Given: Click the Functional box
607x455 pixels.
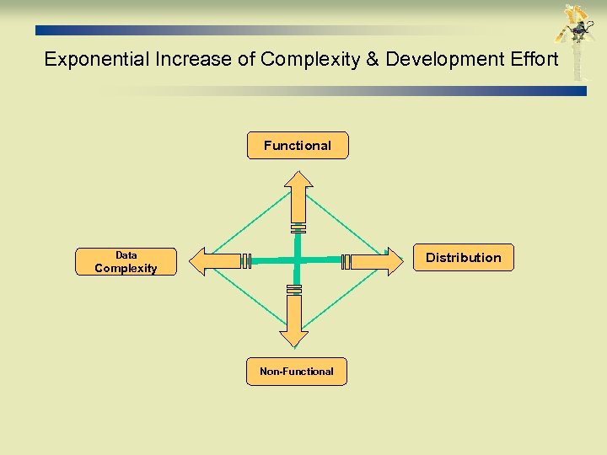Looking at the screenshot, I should (297, 146).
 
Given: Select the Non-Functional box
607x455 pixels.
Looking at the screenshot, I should (296, 372).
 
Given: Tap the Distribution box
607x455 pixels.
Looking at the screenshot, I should (463, 258).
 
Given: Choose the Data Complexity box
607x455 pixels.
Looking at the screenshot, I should (126, 262).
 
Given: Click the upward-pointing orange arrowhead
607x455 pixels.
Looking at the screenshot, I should (298, 179).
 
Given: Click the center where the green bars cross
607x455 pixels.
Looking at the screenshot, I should (297, 260).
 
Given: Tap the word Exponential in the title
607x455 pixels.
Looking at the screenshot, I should (95, 59).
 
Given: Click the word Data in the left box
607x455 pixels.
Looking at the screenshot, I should (126, 254).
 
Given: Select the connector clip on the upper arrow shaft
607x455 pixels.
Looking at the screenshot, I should (298, 227).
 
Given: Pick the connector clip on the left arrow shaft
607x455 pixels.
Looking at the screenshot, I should (246, 261).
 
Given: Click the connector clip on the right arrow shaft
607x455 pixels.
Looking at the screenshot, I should (346, 261).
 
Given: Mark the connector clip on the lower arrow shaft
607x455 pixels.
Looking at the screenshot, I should (294, 289).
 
